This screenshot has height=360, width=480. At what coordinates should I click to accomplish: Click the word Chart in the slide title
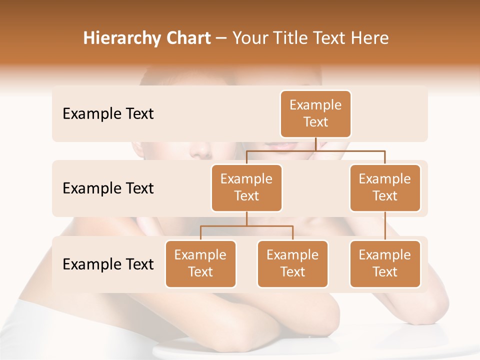point(188,38)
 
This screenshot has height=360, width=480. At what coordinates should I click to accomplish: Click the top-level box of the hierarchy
point(315,113)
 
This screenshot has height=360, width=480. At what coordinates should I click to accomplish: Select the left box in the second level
point(246,187)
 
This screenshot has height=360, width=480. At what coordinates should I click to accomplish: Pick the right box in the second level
point(385,187)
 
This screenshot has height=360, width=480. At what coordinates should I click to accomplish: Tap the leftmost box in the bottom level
point(200,263)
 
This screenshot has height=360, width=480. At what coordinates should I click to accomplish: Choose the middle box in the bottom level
point(292,263)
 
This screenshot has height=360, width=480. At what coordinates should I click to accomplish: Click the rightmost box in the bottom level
point(385,263)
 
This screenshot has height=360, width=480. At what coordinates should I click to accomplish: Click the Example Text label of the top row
point(108,114)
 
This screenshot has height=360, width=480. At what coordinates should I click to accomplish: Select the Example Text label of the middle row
point(108,188)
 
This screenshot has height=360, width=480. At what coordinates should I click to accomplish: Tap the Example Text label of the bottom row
point(108,264)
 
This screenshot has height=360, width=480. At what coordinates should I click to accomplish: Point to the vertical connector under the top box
point(315,143)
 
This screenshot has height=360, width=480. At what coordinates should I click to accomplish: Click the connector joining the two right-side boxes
point(385,226)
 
